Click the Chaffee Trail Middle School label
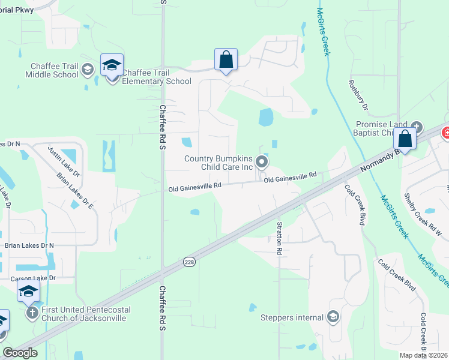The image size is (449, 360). [x=52, y=70]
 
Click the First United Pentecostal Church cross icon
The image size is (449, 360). [x=32, y=313]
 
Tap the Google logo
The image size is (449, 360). [x=20, y=353]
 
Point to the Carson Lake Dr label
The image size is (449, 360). [x=33, y=278]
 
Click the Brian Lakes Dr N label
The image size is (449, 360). [x=29, y=245]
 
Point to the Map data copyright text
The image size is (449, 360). [x=424, y=355]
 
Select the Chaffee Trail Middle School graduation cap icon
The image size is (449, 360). [x=88, y=70]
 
